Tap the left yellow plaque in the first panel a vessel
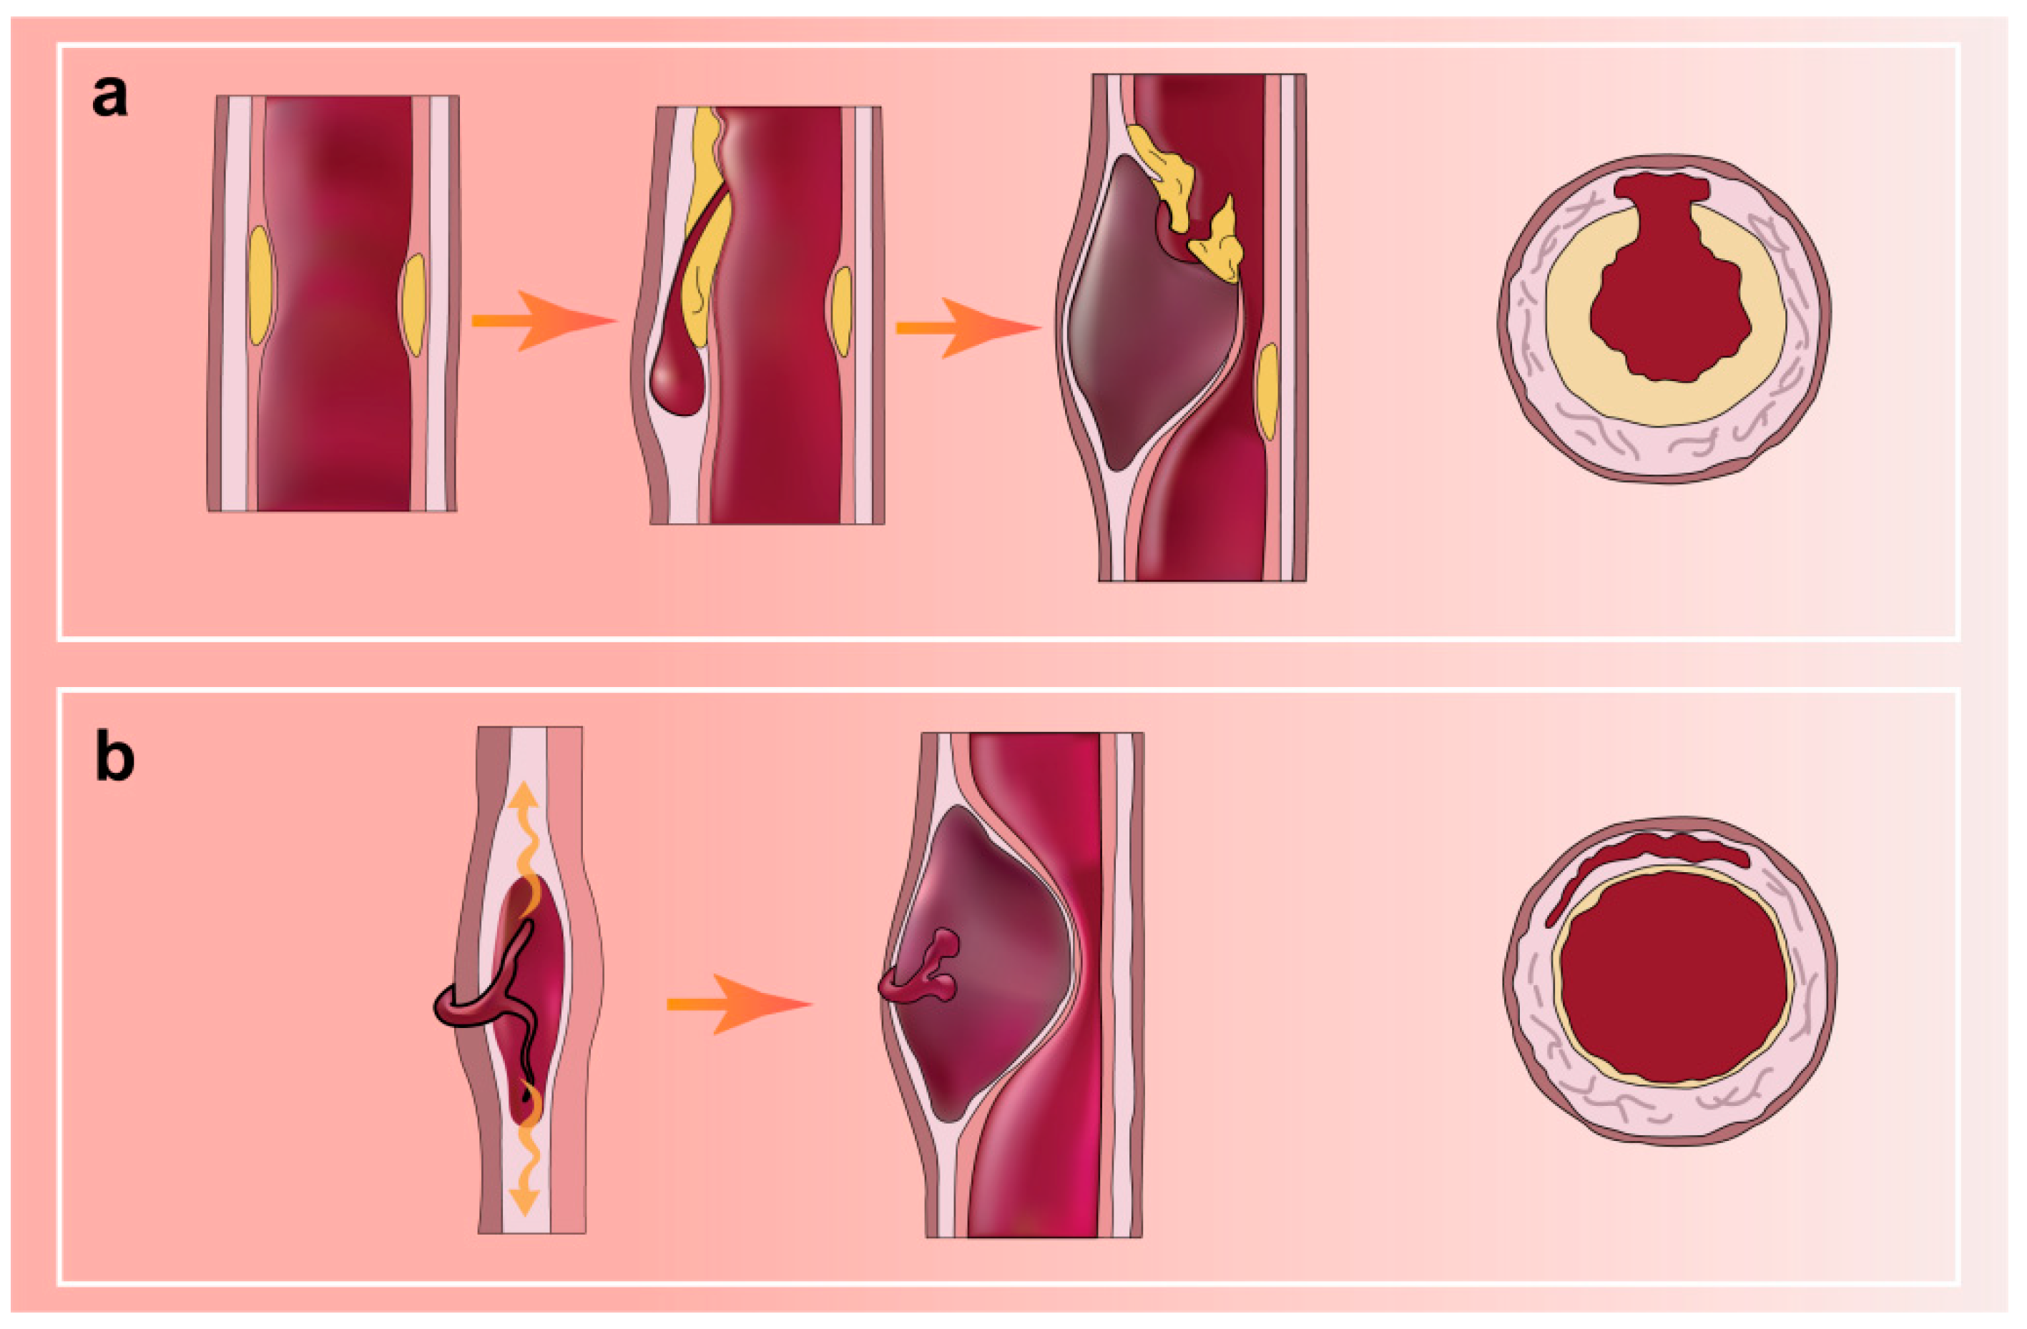click(260, 285)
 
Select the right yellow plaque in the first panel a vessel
click(414, 304)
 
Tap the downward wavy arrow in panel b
click(526, 1167)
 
